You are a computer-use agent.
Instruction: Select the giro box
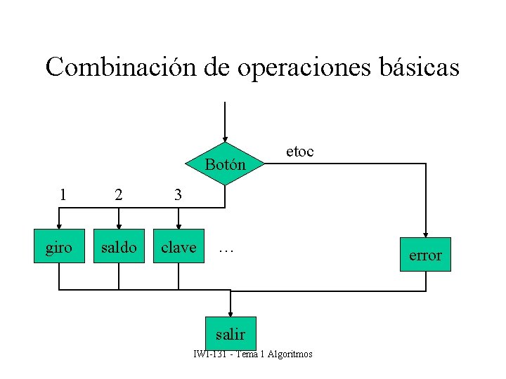click(59, 248)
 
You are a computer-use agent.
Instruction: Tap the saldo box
click(119, 248)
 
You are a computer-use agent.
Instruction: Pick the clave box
click(179, 248)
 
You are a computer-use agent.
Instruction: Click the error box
click(425, 255)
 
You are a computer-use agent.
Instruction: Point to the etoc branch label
click(299, 151)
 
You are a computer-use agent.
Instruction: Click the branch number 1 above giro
click(63, 195)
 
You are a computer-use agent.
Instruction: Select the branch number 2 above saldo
click(119, 195)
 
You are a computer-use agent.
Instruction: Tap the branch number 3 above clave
click(179, 195)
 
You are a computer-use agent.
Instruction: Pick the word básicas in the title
click(419, 68)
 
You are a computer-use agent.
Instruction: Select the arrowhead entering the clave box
click(179, 225)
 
